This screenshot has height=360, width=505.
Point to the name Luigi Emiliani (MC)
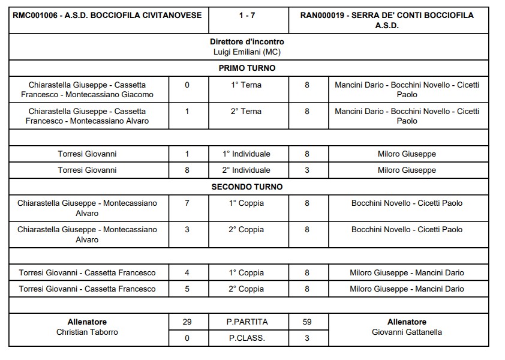(x=247, y=52)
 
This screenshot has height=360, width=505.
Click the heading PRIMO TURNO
(x=247, y=68)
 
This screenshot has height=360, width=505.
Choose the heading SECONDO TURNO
(x=247, y=187)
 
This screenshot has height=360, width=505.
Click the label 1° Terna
(x=247, y=85)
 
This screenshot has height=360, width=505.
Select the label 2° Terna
(x=247, y=112)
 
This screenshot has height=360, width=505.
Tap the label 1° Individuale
(x=247, y=154)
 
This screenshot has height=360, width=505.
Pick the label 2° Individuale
(x=247, y=170)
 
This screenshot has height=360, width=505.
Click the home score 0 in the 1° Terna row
(x=187, y=85)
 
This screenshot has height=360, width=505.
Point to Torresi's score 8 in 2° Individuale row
(x=187, y=170)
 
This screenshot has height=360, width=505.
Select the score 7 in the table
(x=187, y=203)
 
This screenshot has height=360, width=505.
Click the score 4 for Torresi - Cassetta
(x=187, y=273)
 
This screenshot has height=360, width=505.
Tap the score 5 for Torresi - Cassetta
(x=187, y=289)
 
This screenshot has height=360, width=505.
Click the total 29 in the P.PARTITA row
(x=187, y=322)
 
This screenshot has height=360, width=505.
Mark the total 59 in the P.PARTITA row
(x=307, y=322)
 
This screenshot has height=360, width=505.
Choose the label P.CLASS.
(x=247, y=338)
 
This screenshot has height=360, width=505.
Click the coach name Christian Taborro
(x=88, y=332)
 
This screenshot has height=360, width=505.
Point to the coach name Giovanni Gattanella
(x=407, y=332)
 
